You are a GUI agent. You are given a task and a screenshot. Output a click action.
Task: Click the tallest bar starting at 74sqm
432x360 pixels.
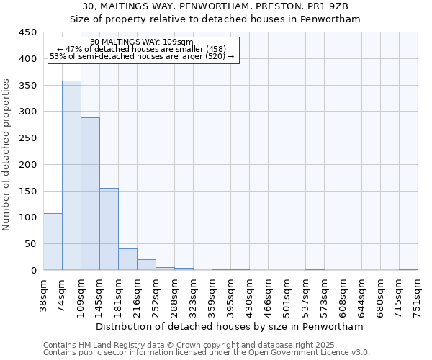click(71, 176)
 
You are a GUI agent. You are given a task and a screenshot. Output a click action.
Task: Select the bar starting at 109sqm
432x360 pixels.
click(90, 194)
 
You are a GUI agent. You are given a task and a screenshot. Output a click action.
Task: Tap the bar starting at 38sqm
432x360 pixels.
click(53, 242)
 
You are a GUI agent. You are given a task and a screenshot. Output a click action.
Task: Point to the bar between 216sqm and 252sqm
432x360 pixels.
click(146, 265)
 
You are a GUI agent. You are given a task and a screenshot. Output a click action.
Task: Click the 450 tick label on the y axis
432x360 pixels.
click(28, 32)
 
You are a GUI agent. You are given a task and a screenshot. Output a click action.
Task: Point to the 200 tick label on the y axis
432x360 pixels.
click(28, 164)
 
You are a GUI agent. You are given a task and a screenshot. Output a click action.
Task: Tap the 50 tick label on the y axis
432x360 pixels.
click(31, 243)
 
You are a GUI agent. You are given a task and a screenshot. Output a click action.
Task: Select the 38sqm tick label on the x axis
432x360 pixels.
click(44, 294)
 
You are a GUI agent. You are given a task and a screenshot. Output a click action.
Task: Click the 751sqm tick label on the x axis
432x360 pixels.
click(418, 294)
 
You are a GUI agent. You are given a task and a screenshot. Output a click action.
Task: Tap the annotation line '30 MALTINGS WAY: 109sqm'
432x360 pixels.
click(143, 42)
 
